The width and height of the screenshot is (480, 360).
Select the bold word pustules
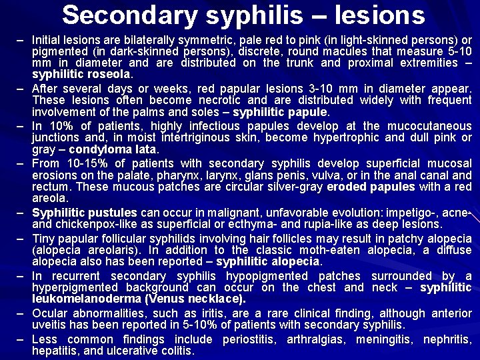pyautogui.click(x=114, y=213)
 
